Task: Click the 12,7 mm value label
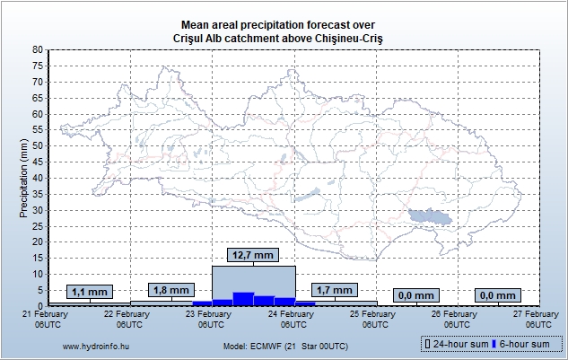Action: click(x=252, y=256)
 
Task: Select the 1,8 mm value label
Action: click(x=170, y=290)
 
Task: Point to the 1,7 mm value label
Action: click(x=335, y=290)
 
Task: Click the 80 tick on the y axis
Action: click(x=37, y=50)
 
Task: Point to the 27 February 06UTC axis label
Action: click(x=537, y=318)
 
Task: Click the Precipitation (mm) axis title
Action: click(x=23, y=178)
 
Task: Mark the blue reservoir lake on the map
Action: click(x=429, y=215)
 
